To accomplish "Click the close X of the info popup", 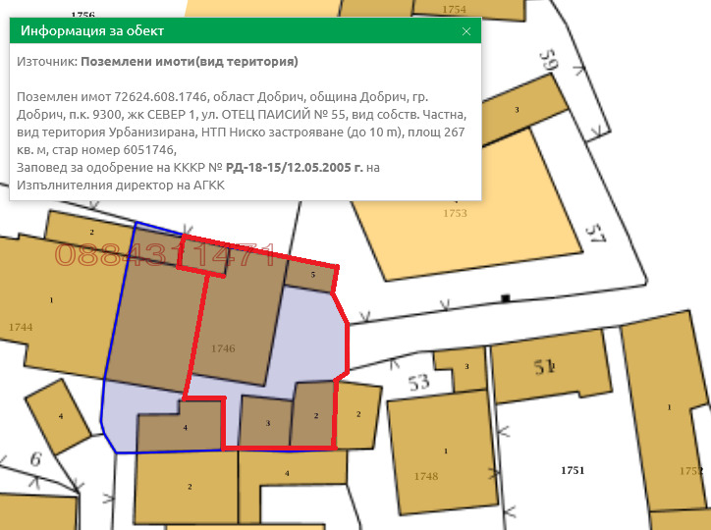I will (x=466, y=30).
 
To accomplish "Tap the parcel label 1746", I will (x=223, y=348).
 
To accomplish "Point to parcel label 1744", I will (x=21, y=326).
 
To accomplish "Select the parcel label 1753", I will (x=456, y=213).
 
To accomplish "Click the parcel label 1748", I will (x=425, y=476).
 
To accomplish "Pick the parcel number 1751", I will (x=573, y=470).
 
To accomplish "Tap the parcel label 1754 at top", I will (x=455, y=9).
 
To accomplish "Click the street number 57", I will (x=595, y=233).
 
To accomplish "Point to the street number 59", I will (x=547, y=61).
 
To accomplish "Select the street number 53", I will (x=420, y=382).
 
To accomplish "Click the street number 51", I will (x=545, y=367).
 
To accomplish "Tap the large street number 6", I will (x=35, y=458).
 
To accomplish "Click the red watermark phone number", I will (x=165, y=256).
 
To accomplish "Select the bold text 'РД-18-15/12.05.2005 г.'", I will (x=295, y=168).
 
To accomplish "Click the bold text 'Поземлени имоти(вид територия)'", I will (x=190, y=62).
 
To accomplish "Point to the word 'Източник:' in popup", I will (x=47, y=62).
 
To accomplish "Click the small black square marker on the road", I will (x=506, y=297).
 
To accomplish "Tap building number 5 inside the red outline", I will (x=312, y=276).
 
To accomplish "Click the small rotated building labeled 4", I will (x=60, y=417).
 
